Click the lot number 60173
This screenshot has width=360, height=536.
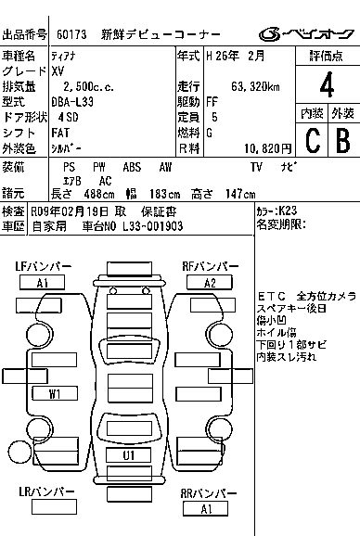(x=71, y=34)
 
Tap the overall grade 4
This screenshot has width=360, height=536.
(x=327, y=84)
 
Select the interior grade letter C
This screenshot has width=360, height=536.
(x=313, y=140)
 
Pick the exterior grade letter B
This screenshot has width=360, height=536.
(x=343, y=140)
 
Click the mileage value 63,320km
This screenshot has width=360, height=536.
(x=255, y=86)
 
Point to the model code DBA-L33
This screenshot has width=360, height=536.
(x=72, y=102)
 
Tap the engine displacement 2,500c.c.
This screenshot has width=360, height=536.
(x=88, y=87)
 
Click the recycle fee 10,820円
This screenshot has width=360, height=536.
(x=268, y=148)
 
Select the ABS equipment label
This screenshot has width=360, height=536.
(x=132, y=167)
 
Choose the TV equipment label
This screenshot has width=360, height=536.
(x=256, y=167)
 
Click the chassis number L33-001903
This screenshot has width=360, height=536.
(x=153, y=226)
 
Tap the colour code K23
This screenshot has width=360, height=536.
(x=288, y=211)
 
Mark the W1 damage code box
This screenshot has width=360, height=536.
(x=55, y=393)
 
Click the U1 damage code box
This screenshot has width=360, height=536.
(x=129, y=455)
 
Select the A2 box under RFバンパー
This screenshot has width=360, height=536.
(x=210, y=283)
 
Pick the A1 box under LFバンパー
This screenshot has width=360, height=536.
(x=42, y=283)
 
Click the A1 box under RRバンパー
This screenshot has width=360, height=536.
(x=205, y=509)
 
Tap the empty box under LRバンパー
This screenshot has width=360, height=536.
(x=54, y=507)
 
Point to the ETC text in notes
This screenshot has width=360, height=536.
(x=272, y=296)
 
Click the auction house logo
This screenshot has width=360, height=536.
(x=306, y=34)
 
